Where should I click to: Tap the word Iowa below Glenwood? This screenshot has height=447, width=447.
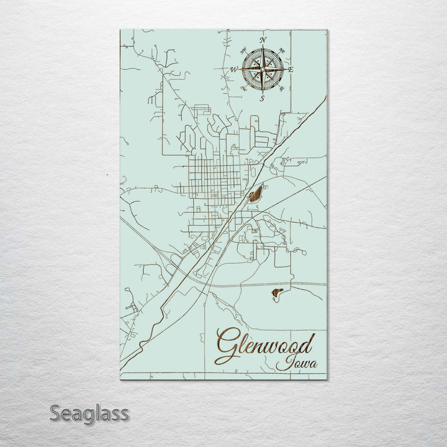click(x=296, y=363)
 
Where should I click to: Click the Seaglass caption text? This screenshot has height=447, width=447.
click(x=89, y=413)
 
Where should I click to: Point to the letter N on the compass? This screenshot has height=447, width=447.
click(x=263, y=40)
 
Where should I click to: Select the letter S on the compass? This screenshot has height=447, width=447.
click(x=262, y=98)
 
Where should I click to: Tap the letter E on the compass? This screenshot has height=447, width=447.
click(x=291, y=70)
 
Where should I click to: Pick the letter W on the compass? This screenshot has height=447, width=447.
click(x=234, y=70)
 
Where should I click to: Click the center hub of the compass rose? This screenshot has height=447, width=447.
click(x=263, y=69)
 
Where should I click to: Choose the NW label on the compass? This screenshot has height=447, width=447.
click(x=243, y=50)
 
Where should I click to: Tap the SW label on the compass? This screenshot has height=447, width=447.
click(x=243, y=89)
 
